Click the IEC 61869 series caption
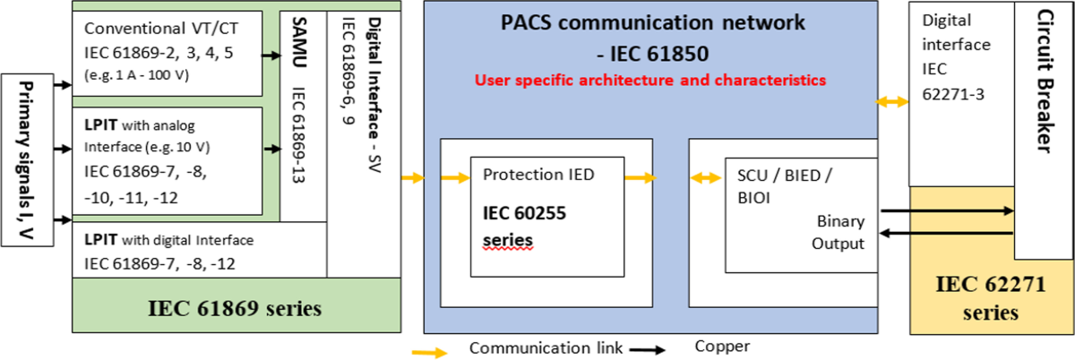pos(236,308)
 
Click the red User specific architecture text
pos(650,80)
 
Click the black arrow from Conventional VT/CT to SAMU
pos(270,56)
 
